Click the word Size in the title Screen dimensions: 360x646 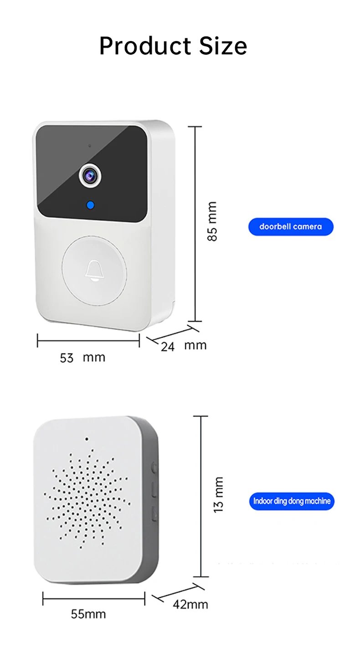[223, 46]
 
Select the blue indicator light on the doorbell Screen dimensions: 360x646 [91, 205]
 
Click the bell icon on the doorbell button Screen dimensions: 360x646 [94, 271]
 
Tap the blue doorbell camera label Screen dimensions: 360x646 [291, 226]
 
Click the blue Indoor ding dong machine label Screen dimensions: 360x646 [292, 501]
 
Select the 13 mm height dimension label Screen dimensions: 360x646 [218, 494]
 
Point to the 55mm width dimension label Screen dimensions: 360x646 [88, 614]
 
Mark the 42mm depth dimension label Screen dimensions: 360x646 [190, 605]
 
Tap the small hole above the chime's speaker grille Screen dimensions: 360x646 [86, 440]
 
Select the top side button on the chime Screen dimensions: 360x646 [154, 467]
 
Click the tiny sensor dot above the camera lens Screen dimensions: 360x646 [90, 146]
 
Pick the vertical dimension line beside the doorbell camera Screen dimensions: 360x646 [195, 223]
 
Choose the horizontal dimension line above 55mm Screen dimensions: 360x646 [94, 598]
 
